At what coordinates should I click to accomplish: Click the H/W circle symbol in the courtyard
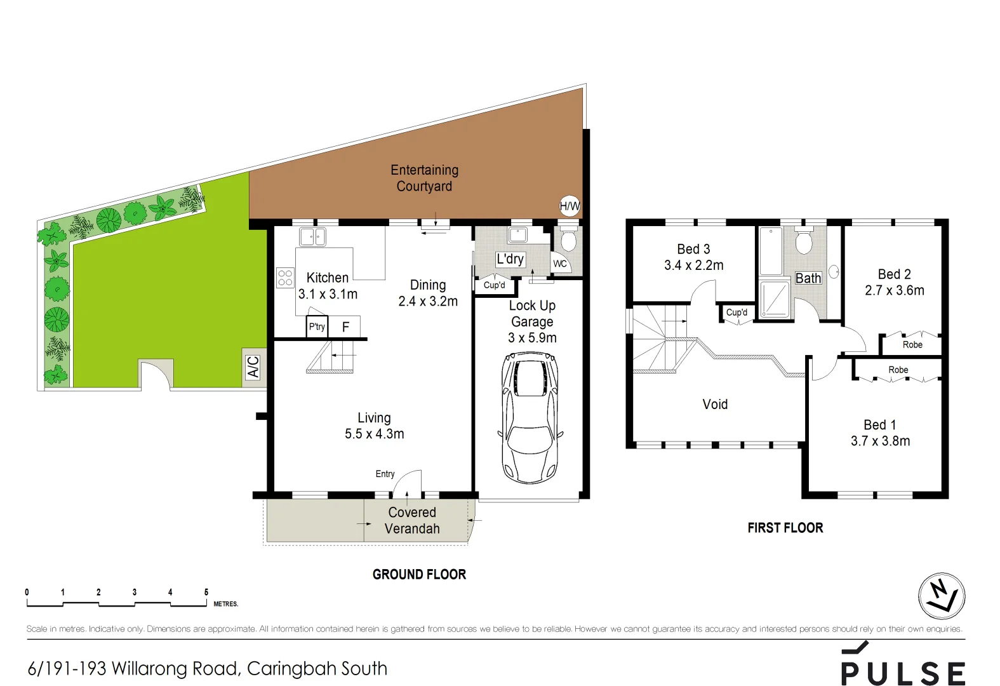pyautogui.click(x=570, y=206)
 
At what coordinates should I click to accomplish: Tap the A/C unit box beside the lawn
pyautogui.click(x=253, y=367)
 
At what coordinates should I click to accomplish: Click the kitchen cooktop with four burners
pyautogui.click(x=285, y=278)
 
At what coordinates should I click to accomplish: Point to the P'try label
pyautogui.click(x=317, y=327)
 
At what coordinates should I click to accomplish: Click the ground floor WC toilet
pyautogui.click(x=568, y=240)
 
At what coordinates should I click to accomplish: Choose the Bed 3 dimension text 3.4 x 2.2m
pyautogui.click(x=693, y=266)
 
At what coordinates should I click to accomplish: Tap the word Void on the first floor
pyautogui.click(x=715, y=405)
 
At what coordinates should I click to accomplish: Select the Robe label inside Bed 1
pyautogui.click(x=898, y=370)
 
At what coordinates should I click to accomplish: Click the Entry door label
pyautogui.click(x=385, y=474)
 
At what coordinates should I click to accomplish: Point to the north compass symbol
pyautogui.click(x=942, y=596)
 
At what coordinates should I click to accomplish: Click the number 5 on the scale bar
pyautogui.click(x=206, y=592)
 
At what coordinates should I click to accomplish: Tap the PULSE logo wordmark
pyautogui.click(x=903, y=672)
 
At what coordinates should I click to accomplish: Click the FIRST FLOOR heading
pyautogui.click(x=785, y=528)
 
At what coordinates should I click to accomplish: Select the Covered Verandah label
pyautogui.click(x=412, y=520)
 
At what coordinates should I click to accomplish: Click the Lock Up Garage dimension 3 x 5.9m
pyautogui.click(x=532, y=338)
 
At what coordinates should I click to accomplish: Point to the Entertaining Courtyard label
pyautogui.click(x=424, y=178)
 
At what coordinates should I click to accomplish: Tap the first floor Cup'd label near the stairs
pyautogui.click(x=737, y=313)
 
